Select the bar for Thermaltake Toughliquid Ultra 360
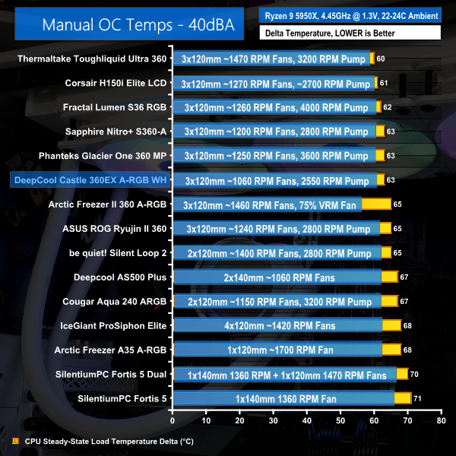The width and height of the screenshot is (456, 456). click(x=274, y=59)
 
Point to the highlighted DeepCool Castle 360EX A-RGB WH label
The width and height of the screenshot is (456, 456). click(x=90, y=180)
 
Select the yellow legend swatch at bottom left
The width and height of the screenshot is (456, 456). click(x=16, y=441)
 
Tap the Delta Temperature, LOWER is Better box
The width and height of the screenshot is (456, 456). click(x=350, y=33)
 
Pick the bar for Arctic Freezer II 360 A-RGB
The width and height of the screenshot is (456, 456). click(x=281, y=204)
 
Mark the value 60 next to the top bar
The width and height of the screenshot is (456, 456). click(x=381, y=59)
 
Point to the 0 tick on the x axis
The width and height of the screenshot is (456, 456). click(x=173, y=420)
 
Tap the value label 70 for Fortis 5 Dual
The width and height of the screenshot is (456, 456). click(x=414, y=374)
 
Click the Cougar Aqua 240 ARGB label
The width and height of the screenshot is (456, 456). click(x=113, y=302)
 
